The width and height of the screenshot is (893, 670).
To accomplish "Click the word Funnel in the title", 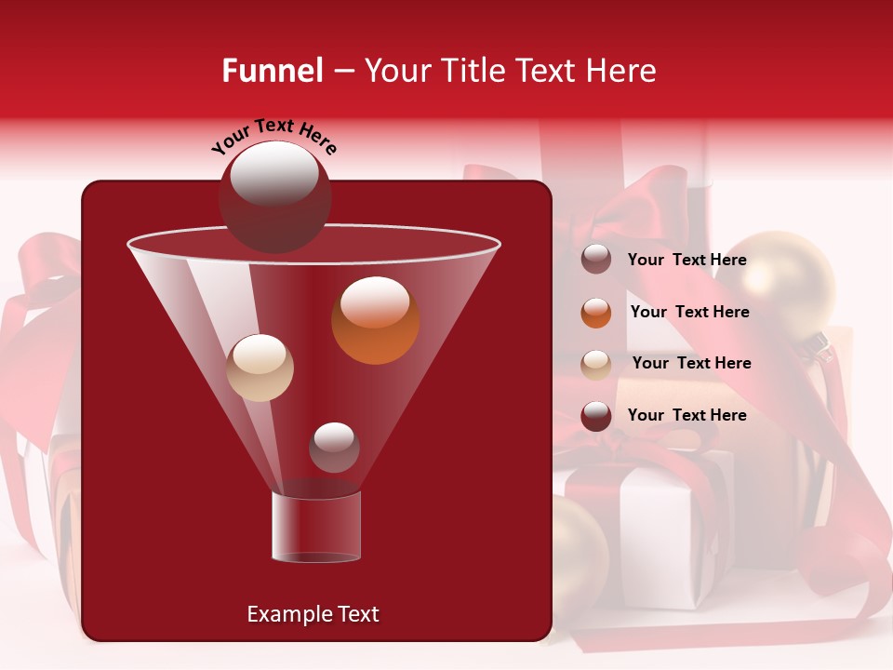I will pyautogui.click(x=273, y=71).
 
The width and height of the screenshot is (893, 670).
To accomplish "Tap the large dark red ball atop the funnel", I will pyautogui.click(x=274, y=196).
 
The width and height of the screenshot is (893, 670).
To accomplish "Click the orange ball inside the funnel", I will pyautogui.click(x=375, y=320).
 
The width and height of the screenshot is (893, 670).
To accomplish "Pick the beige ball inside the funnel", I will pyautogui.click(x=260, y=368).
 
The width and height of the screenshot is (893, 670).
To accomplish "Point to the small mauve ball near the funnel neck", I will pyautogui.click(x=334, y=447).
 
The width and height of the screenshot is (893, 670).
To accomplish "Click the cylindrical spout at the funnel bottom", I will pyautogui.click(x=315, y=527).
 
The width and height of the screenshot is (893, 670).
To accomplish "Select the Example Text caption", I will pyautogui.click(x=313, y=614).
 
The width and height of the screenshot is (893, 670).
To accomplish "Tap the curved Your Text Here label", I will pyautogui.click(x=274, y=136).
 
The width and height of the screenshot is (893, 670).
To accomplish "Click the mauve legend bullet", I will pyautogui.click(x=596, y=260).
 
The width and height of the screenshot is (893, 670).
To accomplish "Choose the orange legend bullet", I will pyautogui.click(x=596, y=313).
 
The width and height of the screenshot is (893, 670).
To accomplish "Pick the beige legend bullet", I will pyautogui.click(x=596, y=364).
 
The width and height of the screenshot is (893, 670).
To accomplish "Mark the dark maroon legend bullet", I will pyautogui.click(x=596, y=416).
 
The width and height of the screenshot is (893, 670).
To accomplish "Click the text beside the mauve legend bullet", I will pyautogui.click(x=686, y=261).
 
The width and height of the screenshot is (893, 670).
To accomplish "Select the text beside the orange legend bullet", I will pyautogui.click(x=689, y=313).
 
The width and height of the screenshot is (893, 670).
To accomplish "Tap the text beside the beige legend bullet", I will pyautogui.click(x=691, y=363).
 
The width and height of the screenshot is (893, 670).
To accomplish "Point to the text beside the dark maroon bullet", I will pyautogui.click(x=686, y=415).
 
